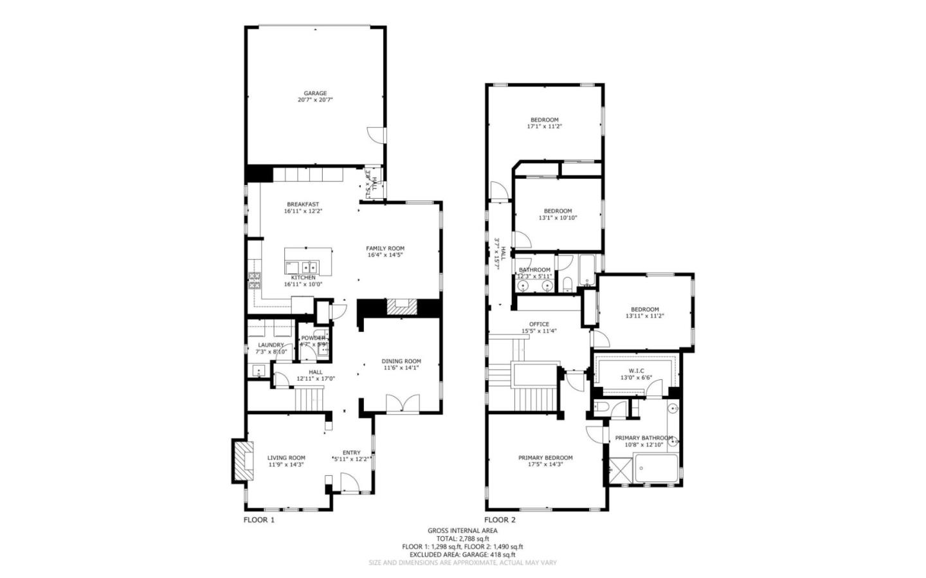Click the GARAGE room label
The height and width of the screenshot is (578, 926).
(315, 93)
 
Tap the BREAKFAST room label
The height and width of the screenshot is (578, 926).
(303, 204)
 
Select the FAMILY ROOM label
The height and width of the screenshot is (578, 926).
(385, 249)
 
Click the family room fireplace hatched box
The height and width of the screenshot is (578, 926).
(401, 307)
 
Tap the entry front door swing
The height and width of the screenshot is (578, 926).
(349, 483)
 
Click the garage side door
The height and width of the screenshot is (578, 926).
(375, 135)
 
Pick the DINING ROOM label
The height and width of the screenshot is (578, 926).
(401, 361)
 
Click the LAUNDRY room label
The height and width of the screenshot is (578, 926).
(271, 345)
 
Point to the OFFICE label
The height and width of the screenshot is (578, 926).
(539, 324)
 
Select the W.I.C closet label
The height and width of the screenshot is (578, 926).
(636, 371)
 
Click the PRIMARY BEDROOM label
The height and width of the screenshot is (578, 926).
(545, 458)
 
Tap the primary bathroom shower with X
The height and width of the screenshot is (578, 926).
(619, 470)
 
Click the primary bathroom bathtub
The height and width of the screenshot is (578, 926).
(656, 469)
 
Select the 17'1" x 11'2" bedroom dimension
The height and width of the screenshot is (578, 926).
(544, 127)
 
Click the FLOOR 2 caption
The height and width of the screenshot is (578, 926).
(500, 520)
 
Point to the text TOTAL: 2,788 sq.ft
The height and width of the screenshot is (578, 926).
(462, 539)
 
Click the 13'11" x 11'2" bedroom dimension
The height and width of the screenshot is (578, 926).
(644, 316)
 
